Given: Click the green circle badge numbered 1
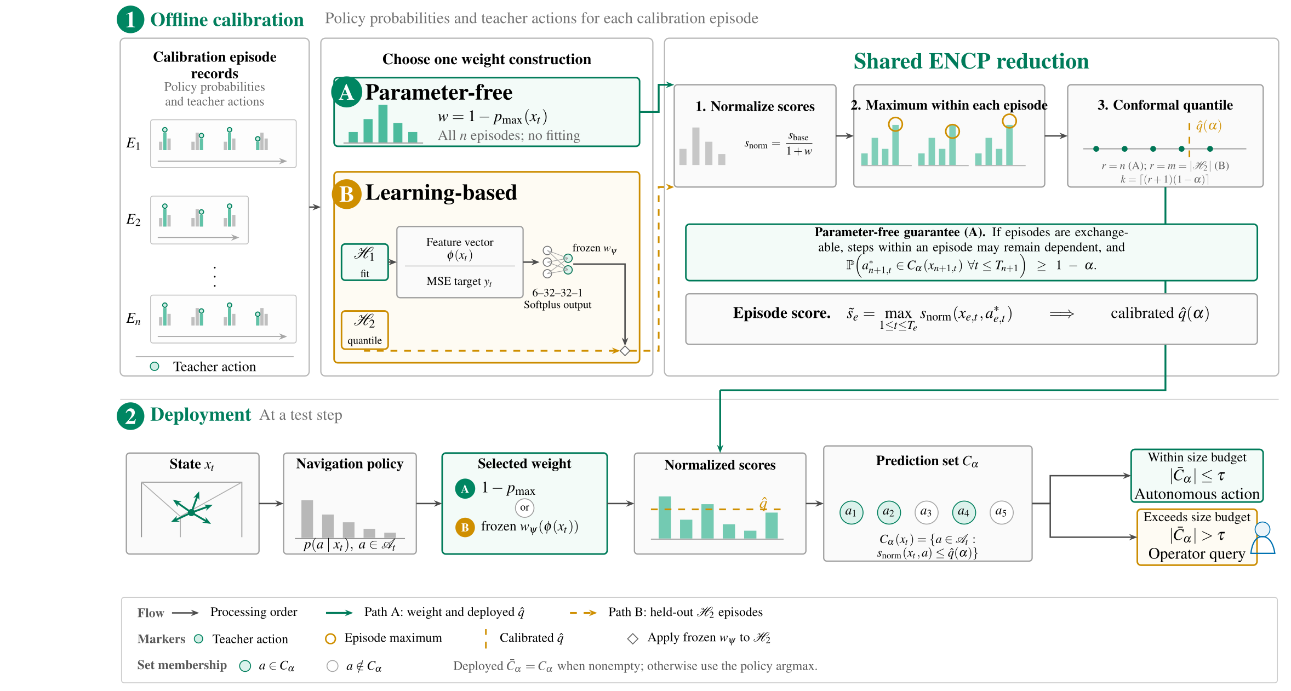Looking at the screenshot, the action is (130, 20).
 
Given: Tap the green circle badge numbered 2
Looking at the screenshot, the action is (130, 416).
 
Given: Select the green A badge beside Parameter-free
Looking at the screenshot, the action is (346, 92).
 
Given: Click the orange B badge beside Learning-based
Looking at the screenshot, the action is (346, 194).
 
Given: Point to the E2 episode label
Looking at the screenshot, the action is (133, 220).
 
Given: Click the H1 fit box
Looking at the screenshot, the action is (365, 262).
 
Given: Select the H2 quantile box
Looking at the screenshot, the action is (365, 329).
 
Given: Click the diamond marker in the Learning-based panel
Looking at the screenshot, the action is (625, 351).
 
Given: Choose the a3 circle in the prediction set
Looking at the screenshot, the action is (926, 512).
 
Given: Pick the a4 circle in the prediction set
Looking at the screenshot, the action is (964, 512).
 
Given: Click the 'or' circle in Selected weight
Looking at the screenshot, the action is (525, 507).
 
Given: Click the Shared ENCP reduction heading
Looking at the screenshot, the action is (971, 61).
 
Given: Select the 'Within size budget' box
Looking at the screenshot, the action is (1197, 476).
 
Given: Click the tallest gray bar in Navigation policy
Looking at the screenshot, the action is (307, 519).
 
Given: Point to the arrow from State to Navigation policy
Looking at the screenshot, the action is (271, 504).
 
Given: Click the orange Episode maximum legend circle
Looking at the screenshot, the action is (330, 639).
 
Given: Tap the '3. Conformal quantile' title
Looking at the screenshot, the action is (1165, 105).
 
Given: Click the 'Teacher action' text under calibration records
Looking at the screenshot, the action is (214, 367).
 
